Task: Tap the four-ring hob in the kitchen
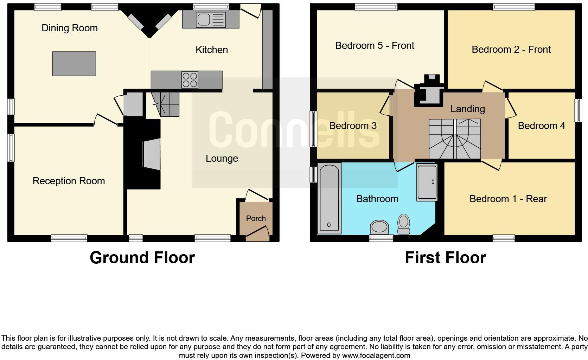[190, 79]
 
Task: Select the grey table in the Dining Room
[74, 64]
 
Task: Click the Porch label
[256, 218]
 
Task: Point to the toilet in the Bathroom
[404, 224]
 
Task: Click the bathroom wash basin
[379, 227]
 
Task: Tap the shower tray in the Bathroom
[427, 182]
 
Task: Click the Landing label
[467, 109]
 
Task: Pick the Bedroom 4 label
[541, 126]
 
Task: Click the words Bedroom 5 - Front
[375, 46]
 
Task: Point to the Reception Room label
[69, 181]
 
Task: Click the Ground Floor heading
[142, 258]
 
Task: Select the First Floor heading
[445, 258]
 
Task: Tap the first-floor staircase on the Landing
[455, 139]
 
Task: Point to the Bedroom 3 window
[313, 129]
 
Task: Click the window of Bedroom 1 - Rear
[504, 238]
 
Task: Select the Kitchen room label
[211, 50]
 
